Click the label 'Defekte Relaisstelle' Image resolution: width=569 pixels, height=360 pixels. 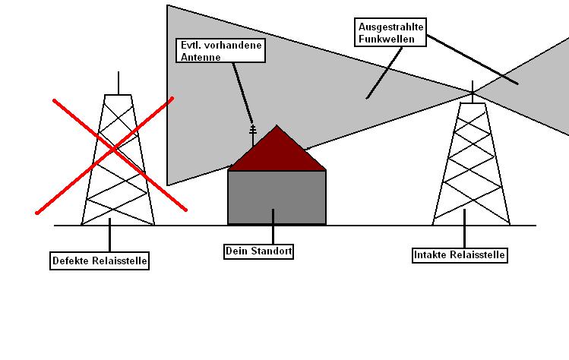point(100,261)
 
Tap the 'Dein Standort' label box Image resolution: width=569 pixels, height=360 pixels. point(258,251)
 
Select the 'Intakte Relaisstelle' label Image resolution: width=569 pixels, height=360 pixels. point(460,254)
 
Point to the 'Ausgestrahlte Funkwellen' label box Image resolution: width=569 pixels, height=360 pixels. point(390,33)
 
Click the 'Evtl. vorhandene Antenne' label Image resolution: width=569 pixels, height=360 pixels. point(220,51)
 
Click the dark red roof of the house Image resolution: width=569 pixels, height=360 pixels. point(277,153)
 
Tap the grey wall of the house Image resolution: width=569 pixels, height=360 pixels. point(277,197)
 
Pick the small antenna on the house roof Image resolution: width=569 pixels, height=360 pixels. point(253,135)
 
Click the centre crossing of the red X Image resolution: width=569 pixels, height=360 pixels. point(114,149)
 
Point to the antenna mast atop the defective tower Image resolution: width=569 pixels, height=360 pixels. point(119,83)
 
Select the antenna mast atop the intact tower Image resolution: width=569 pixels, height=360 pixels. point(473,92)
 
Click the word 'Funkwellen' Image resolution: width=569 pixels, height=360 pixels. point(387,39)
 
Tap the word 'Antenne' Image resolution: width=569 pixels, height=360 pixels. point(201,57)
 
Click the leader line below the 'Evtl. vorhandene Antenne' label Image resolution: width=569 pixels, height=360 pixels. point(243,94)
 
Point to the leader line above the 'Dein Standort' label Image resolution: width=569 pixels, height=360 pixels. point(273,226)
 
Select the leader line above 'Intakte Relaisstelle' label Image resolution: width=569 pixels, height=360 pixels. point(464,229)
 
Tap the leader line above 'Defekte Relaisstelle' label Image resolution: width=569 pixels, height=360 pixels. point(109,235)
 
